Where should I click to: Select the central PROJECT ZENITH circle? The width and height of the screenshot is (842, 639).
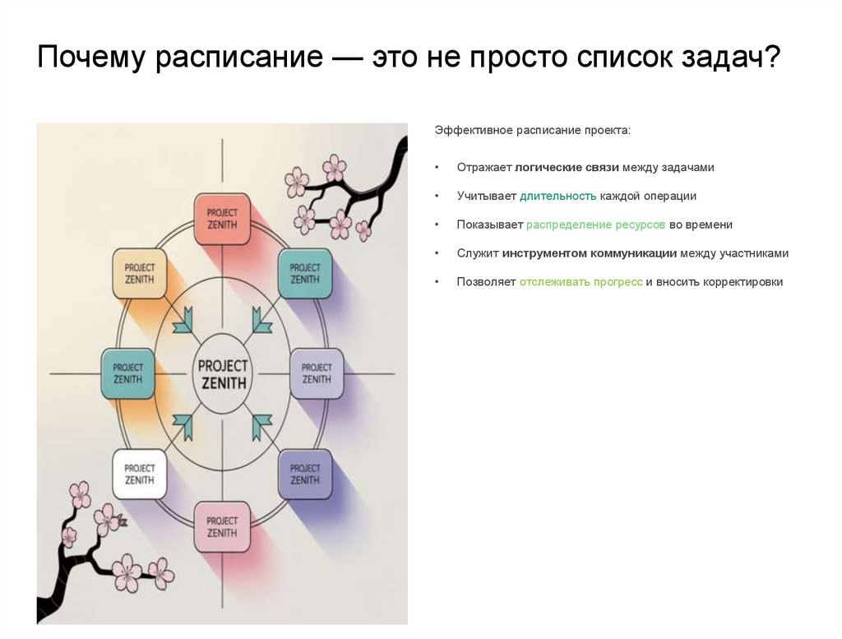222,374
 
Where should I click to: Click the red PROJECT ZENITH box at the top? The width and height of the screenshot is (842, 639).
221,219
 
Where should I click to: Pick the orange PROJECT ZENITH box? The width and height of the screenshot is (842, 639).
139,274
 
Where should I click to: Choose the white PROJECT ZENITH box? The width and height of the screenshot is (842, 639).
139,475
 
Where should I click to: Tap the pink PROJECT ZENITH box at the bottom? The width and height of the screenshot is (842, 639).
221,527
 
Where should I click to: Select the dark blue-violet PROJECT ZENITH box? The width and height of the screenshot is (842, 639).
305,475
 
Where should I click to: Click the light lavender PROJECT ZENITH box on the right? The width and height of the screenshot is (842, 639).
317,374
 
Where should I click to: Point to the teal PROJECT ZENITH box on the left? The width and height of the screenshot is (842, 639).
127,374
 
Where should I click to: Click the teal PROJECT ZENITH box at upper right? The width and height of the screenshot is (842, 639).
305,274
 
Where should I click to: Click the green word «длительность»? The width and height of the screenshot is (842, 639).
557,197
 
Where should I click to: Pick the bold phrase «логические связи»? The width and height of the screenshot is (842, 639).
567,168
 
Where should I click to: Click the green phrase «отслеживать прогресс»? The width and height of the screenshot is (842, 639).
581,282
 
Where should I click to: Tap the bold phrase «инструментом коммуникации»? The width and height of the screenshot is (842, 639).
590,253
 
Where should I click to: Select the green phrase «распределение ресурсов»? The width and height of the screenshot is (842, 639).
596,225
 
